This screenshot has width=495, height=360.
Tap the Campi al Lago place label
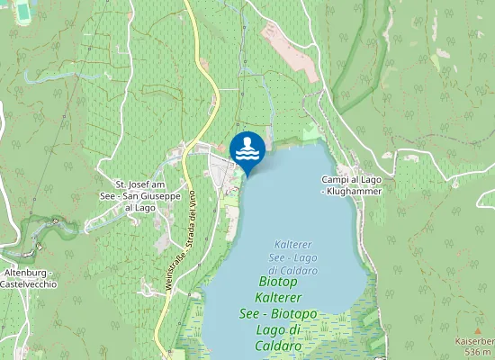[352, 180]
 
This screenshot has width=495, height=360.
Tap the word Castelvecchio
[29, 283]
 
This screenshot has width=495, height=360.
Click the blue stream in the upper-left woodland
[54, 77]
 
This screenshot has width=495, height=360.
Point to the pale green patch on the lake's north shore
[311, 132]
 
